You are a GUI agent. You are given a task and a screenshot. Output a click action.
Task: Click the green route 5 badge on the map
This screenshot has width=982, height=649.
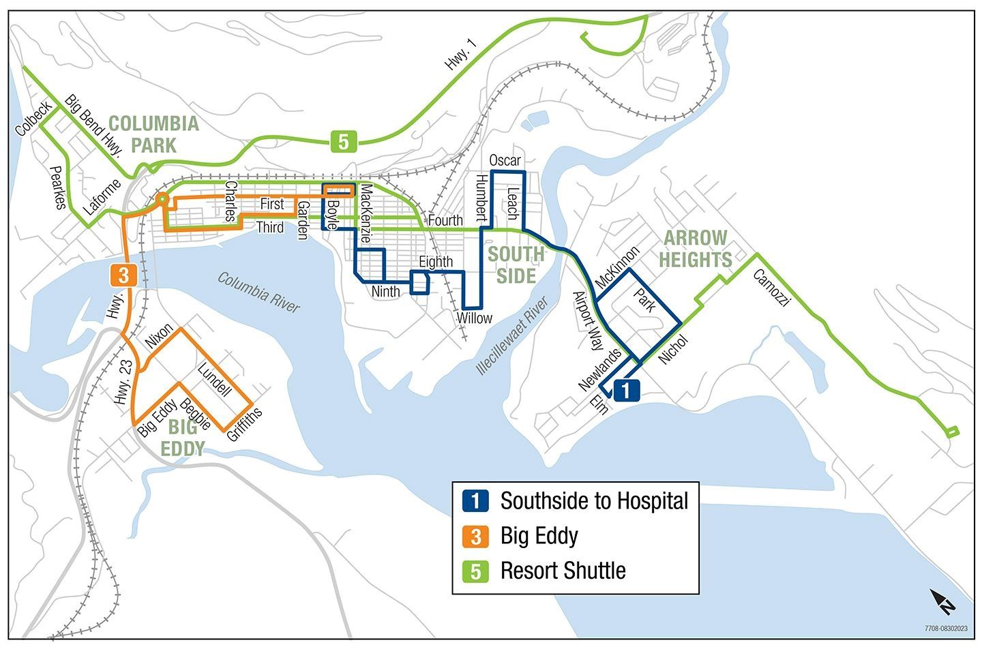[344, 142]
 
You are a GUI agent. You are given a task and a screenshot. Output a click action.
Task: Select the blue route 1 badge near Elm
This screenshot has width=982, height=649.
[627, 390]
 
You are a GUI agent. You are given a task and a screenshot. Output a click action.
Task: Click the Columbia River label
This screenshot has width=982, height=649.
[258, 292]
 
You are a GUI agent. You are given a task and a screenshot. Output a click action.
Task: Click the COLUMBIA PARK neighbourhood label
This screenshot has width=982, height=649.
[153, 134]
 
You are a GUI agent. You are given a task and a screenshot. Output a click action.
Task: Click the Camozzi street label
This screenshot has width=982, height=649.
[771, 287]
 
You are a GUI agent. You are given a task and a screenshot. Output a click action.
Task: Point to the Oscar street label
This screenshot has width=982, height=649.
[505, 161]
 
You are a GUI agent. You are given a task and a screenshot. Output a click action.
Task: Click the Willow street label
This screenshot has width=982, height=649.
[474, 318]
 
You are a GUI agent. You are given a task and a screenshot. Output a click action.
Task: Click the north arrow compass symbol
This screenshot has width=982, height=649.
[944, 601]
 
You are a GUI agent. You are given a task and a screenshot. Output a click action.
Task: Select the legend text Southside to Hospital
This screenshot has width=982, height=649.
[594, 501]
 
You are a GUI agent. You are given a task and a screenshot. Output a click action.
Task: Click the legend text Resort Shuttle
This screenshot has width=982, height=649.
[563, 571]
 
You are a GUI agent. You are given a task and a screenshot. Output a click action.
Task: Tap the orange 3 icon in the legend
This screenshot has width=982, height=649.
[475, 537]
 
